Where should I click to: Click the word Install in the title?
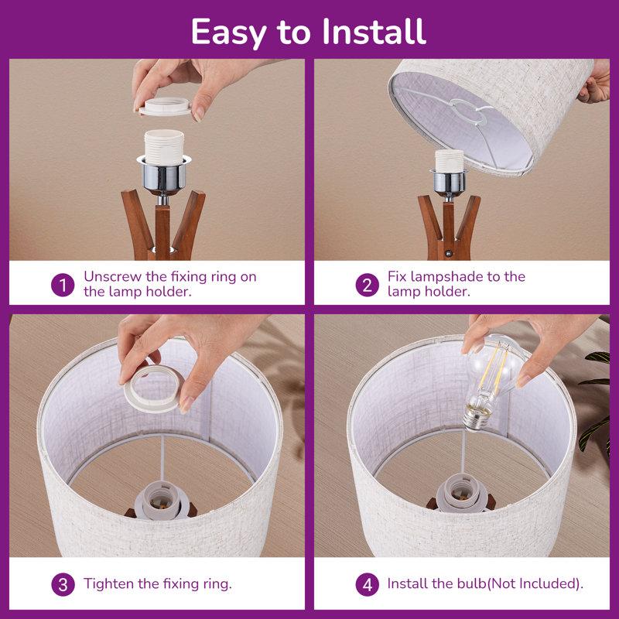[374, 32]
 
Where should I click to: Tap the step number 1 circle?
[63, 285]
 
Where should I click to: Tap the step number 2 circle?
[367, 285]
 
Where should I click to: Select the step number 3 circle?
[63, 584]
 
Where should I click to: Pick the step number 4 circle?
[367, 584]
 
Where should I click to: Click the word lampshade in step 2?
[447, 277]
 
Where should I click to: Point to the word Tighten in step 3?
[108, 584]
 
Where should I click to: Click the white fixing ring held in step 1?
[165, 107]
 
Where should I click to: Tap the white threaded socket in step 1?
[164, 147]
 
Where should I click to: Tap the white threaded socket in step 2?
[450, 160]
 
